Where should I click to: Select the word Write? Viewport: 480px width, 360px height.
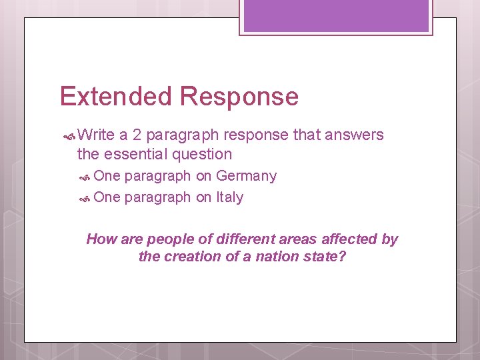click(96, 135)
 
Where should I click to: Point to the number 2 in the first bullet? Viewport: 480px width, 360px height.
click(137, 135)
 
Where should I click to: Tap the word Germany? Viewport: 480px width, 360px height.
click(246, 176)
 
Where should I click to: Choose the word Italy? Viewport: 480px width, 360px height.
click(229, 197)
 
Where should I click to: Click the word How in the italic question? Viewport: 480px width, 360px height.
click(101, 239)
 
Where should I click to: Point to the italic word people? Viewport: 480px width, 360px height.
click(168, 239)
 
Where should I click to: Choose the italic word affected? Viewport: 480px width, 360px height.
click(349, 239)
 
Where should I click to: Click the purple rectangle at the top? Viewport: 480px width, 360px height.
click(336, 15)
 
